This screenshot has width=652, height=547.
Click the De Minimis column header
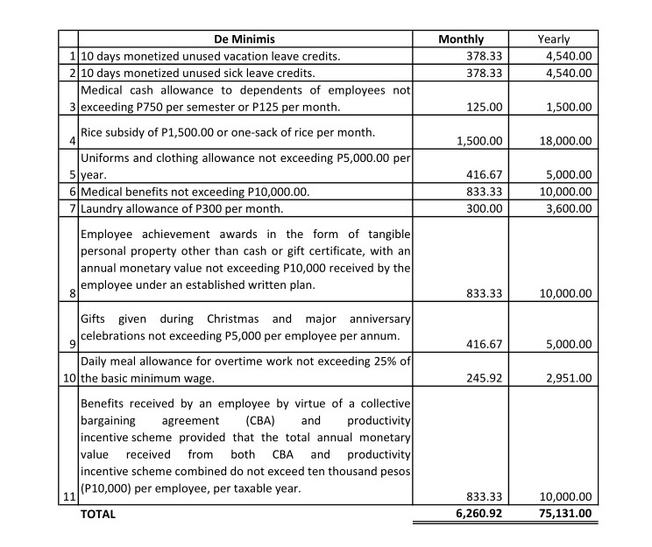[246, 39]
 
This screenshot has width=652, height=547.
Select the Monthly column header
[461, 39]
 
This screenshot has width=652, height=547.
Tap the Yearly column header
[553, 39]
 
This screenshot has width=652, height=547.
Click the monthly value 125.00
[484, 107]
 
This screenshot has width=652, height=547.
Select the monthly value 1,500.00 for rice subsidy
[478, 140]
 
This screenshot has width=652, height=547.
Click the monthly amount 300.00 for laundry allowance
[484, 209]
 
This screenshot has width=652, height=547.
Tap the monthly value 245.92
[484, 378]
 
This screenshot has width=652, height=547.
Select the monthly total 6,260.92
[478, 515]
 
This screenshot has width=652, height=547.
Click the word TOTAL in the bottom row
[98, 515]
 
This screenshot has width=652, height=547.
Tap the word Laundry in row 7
[103, 209]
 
